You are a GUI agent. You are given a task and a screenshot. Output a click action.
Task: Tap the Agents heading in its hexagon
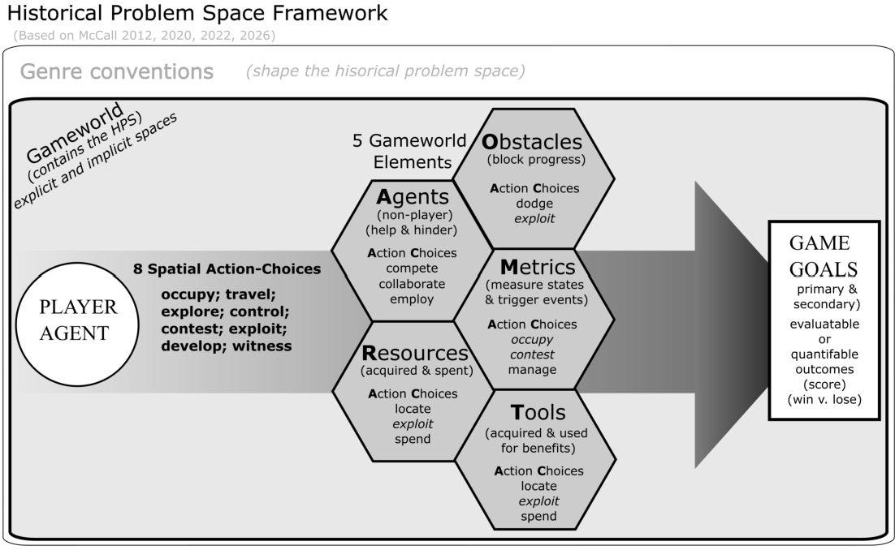(413, 197)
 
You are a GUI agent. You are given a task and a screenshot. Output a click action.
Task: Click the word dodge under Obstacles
(534, 203)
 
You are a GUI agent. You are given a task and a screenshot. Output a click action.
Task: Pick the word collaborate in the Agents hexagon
(412, 284)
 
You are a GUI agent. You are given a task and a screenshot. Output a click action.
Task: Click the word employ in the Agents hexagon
(412, 299)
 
